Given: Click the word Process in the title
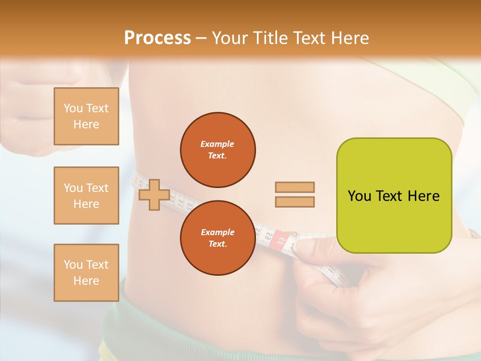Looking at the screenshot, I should pos(157,38).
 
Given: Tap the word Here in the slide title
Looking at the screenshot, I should pos(348,38).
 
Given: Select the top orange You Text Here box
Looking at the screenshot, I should pos(86,116).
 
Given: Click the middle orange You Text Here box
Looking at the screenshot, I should pos(86,196).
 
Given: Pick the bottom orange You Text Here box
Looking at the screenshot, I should pos(86,273).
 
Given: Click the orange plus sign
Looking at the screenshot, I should pos(154,195).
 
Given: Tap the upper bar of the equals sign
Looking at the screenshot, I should pos(295,187).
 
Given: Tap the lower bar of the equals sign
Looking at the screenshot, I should pos(295,202).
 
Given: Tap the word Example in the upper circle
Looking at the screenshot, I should pos(217,144).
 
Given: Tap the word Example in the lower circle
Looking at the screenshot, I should pos(217,232).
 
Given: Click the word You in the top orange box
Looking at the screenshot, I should pos(73,108).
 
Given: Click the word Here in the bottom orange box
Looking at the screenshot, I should pos(86,281).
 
